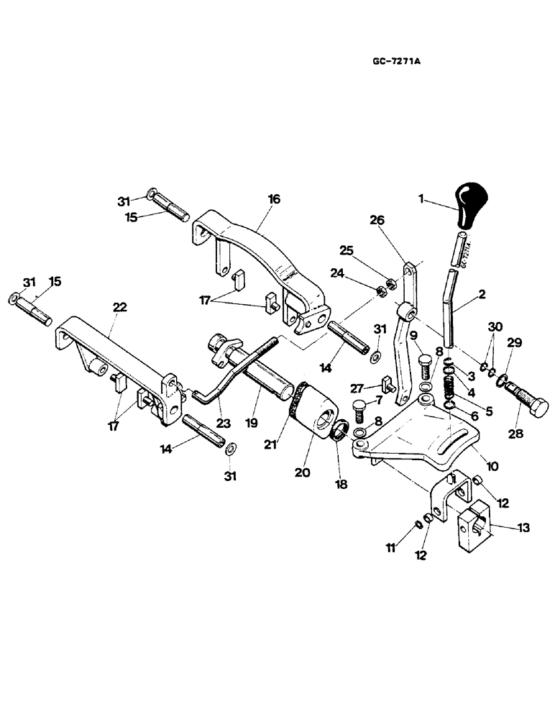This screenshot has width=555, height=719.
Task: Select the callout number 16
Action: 275,199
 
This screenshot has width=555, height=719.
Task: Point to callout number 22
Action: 119,307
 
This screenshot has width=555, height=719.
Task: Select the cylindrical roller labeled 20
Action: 316,416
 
